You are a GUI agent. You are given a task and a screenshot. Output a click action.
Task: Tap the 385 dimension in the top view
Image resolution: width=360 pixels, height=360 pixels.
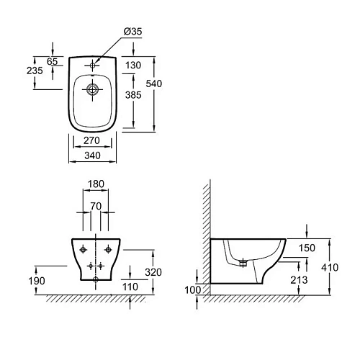132,94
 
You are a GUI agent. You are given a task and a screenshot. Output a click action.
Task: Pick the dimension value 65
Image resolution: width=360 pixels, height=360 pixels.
52,62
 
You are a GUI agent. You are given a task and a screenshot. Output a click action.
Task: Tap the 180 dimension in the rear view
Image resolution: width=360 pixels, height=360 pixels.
95,184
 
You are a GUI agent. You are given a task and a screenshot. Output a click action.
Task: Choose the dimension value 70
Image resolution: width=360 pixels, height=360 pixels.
95,205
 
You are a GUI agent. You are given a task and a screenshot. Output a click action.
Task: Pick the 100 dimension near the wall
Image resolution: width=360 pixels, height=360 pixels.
192,289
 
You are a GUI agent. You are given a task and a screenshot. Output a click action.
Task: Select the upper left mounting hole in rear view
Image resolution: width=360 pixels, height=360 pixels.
84,249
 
